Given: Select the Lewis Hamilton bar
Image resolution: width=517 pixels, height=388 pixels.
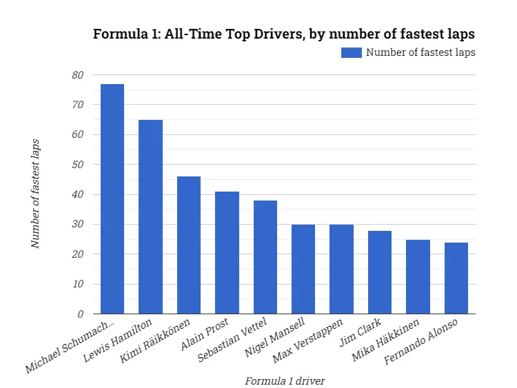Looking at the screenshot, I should click(x=150, y=216).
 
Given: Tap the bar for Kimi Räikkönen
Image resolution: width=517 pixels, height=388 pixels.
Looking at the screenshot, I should click(x=189, y=245).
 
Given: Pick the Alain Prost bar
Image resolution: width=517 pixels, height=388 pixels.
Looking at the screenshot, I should click(x=227, y=252).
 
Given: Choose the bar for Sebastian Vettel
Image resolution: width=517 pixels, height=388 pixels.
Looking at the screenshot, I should click(x=265, y=257).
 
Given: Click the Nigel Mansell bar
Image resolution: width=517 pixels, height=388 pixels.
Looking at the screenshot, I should click(x=303, y=269).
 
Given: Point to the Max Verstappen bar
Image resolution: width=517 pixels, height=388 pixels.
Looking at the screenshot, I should click(x=341, y=269).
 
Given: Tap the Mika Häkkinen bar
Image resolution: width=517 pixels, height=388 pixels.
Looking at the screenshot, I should click(x=418, y=276).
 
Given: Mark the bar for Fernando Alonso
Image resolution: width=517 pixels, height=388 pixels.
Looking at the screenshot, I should click(x=456, y=278).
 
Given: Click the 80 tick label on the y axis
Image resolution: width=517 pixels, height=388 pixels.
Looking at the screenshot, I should click(x=77, y=75).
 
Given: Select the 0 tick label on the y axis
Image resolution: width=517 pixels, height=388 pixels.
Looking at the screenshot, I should click(x=80, y=314).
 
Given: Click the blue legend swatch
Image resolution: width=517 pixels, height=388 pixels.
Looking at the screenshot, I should click(x=351, y=52).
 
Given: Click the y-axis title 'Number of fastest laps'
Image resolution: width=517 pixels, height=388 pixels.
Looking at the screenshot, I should click(x=36, y=194).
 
